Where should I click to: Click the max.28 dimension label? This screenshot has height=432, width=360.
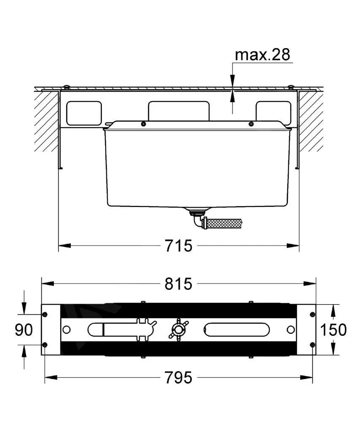click(263, 54)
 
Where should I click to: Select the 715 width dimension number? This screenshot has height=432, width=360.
click(179, 245)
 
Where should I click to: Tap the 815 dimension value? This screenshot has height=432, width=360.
click(178, 284)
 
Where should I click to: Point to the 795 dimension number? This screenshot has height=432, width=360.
click(178, 377)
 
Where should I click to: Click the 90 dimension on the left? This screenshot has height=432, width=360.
click(24, 329)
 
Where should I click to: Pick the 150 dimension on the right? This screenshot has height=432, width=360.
click(333, 329)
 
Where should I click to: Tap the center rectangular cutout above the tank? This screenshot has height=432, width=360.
click(179, 111)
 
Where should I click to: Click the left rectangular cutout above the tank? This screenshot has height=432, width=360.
click(84, 113)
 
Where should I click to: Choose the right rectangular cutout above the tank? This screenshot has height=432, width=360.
click(273, 113)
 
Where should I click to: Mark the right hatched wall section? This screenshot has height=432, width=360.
click(311, 121)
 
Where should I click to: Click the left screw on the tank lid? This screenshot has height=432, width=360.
click(143, 124)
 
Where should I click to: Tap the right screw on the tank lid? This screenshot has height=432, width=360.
click(251, 124)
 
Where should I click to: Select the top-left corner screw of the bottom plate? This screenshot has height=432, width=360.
click(45, 315)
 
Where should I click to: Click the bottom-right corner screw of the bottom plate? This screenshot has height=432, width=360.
click(312, 345)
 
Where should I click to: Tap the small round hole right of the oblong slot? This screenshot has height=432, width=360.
click(291, 329)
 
